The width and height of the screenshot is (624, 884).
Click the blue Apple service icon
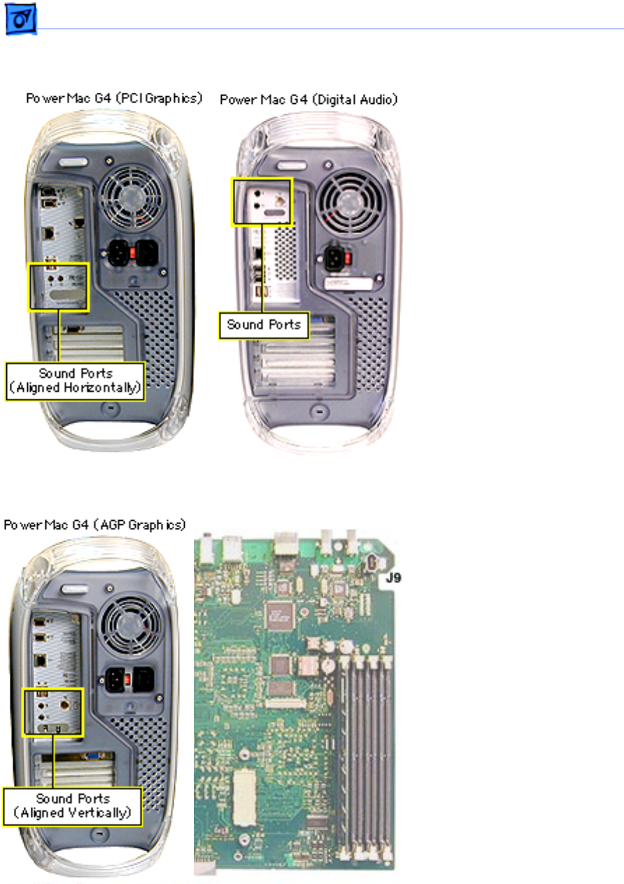pyautogui.click(x=22, y=22)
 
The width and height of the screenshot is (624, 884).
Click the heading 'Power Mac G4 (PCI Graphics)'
pyautogui.click(x=114, y=99)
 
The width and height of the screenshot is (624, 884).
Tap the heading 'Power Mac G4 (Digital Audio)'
pyautogui.click(x=309, y=100)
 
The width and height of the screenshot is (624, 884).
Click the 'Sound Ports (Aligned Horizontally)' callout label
pyautogui.click(x=75, y=381)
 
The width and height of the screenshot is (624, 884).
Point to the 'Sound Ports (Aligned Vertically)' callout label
pyautogui.click(x=73, y=807)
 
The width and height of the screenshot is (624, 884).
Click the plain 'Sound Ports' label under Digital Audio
pyautogui.click(x=264, y=325)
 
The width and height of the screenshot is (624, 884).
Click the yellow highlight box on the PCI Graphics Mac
pyautogui.click(x=58, y=287)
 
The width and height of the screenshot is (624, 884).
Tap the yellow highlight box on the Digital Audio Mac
pyautogui.click(x=261, y=201)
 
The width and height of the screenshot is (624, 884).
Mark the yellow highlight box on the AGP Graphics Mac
pyautogui.click(x=53, y=711)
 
